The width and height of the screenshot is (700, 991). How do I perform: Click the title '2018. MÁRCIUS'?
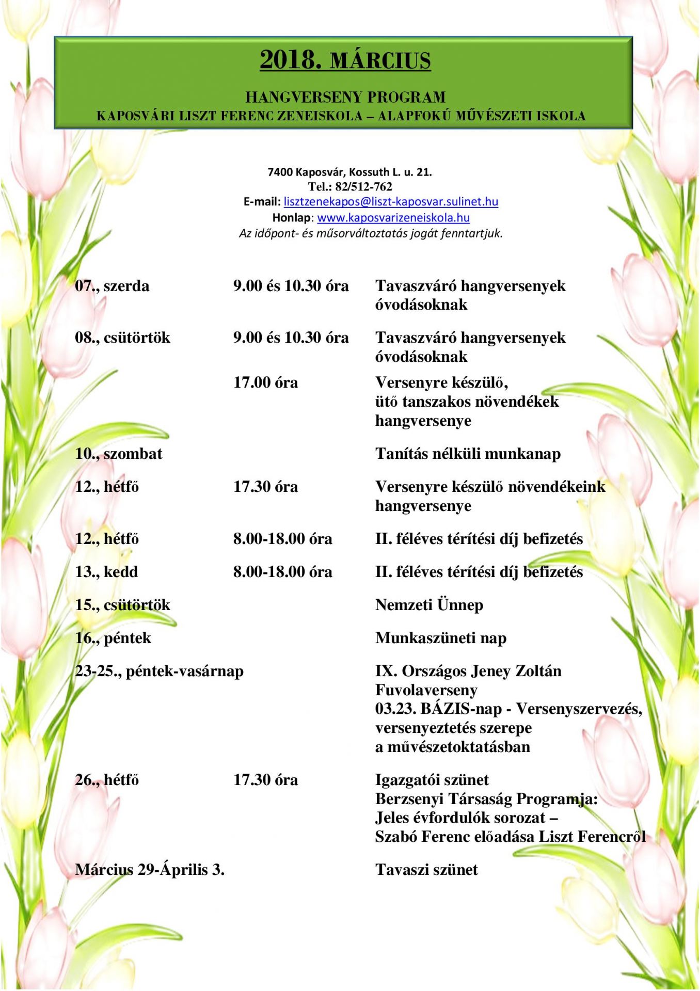pyautogui.click(x=345, y=60)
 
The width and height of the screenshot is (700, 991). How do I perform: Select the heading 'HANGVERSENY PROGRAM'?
pyautogui.click(x=345, y=97)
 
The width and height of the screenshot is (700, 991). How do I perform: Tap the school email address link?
pyautogui.click(x=391, y=202)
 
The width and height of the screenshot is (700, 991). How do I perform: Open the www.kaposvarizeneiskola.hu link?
pyautogui.click(x=393, y=218)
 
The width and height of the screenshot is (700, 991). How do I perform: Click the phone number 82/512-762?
pyautogui.click(x=363, y=187)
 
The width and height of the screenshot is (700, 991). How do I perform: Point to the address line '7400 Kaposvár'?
pyautogui.click(x=349, y=172)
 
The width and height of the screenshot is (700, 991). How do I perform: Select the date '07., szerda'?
pyautogui.click(x=112, y=286)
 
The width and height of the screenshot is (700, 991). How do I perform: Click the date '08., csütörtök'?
pyautogui.click(x=122, y=338)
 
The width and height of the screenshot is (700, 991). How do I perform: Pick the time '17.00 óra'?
pyautogui.click(x=265, y=382)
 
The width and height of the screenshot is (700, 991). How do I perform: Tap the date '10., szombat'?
pyautogui.click(x=118, y=454)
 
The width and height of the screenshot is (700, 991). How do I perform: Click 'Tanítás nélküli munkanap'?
pyautogui.click(x=468, y=454)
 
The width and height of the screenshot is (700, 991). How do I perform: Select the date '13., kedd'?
pyautogui.click(x=106, y=572)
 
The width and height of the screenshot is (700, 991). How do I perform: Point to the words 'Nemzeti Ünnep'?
pyautogui.click(x=429, y=605)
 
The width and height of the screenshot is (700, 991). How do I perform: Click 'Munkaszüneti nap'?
pyautogui.click(x=441, y=638)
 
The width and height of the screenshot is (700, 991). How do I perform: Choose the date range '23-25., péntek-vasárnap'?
pyautogui.click(x=159, y=671)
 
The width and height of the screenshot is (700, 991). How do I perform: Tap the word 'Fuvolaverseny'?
pyautogui.click(x=426, y=690)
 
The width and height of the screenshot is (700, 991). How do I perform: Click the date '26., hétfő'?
pyautogui.click(x=107, y=780)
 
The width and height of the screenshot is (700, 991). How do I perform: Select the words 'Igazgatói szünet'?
pyautogui.click(x=432, y=780)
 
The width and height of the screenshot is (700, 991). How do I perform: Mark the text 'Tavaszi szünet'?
pyautogui.click(x=426, y=870)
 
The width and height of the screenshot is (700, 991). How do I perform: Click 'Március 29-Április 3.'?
pyautogui.click(x=150, y=870)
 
